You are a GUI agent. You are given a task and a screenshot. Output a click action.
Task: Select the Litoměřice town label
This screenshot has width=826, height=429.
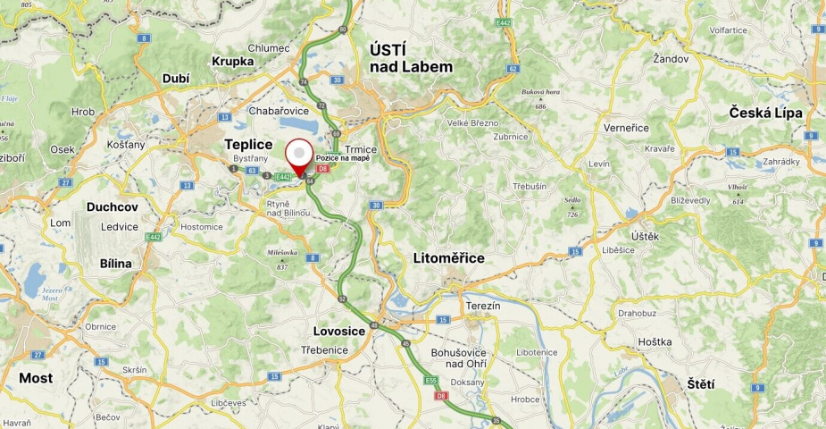[448, 258]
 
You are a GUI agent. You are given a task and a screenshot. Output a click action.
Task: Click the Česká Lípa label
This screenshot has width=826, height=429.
[765, 113]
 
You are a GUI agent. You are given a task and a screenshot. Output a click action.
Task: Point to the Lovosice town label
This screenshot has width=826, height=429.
[339, 331]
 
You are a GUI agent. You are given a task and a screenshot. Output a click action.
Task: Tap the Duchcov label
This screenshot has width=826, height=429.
[113, 206]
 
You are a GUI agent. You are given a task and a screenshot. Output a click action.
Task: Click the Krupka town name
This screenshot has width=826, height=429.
[233, 62]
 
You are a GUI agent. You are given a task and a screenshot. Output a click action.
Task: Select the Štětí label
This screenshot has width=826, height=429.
[701, 384]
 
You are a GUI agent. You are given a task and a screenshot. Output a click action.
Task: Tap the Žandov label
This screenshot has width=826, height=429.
[671, 59]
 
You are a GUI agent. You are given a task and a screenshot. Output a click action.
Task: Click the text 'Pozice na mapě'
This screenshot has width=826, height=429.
[342, 158]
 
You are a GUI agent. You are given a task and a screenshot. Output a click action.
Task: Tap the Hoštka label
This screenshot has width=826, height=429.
[655, 342]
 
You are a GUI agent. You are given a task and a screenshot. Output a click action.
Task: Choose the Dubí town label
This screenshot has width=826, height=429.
[176, 79]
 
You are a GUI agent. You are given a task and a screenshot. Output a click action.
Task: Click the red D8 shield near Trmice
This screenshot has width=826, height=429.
[322, 168]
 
